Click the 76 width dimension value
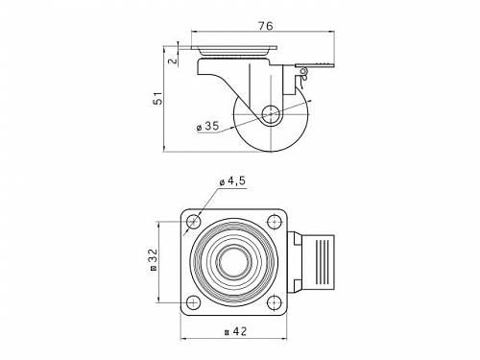pos(266,26)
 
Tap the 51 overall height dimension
pos(157,99)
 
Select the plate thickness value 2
pos(173,60)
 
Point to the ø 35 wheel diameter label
pos(208,126)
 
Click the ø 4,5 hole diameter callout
pos(232,181)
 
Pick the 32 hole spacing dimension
pos(154,260)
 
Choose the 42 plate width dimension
pos(236,331)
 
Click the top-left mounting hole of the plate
pos(193,222)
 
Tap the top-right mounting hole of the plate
pos(275,222)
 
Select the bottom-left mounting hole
pos(193,302)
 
